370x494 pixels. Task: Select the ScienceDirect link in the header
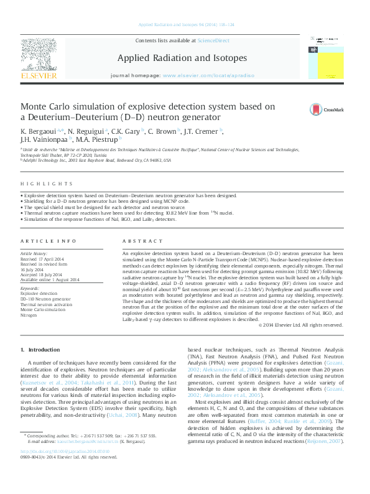(213, 40)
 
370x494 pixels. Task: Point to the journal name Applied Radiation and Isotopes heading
(182, 58)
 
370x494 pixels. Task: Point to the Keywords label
(30, 289)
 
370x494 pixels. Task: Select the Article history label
(34, 254)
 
